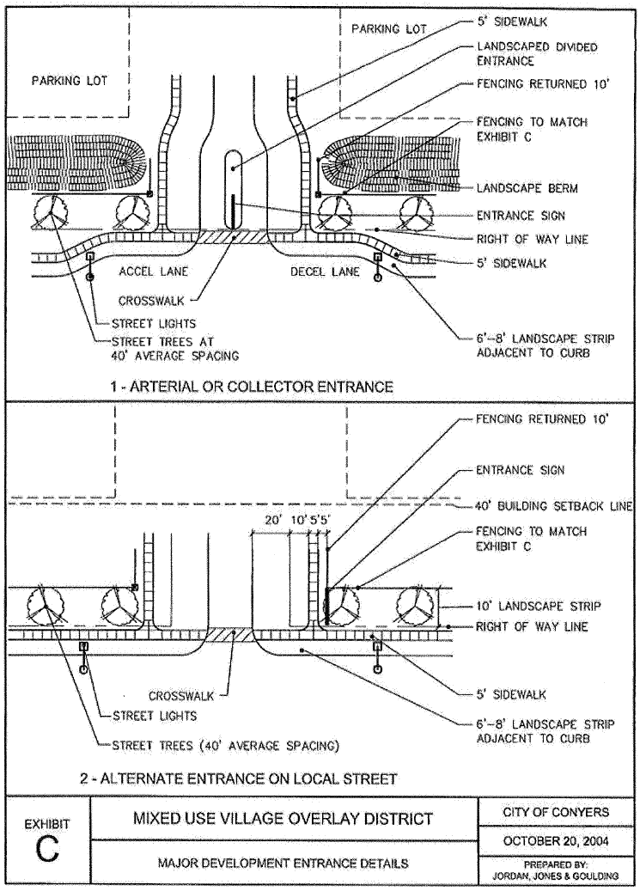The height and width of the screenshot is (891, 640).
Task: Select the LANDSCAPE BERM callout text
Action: click(x=527, y=187)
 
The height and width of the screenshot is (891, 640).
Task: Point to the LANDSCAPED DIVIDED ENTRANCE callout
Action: click(x=536, y=54)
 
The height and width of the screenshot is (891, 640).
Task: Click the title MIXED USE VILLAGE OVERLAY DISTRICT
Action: click(x=283, y=818)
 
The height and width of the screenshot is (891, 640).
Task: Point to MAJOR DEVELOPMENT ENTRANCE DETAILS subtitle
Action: click(x=283, y=862)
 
